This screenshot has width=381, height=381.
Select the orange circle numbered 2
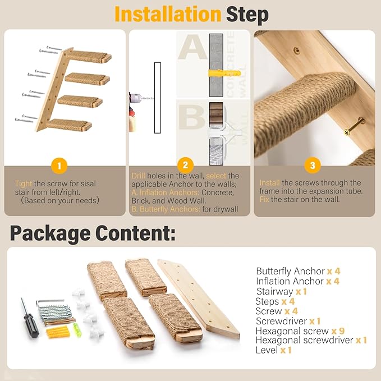185,165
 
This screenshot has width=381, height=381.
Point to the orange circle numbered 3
312,165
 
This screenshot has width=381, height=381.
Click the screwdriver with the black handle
30,317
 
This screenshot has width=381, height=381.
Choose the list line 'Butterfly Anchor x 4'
297,271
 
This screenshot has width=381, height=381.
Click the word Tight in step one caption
24,183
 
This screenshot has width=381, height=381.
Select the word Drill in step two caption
138,176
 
